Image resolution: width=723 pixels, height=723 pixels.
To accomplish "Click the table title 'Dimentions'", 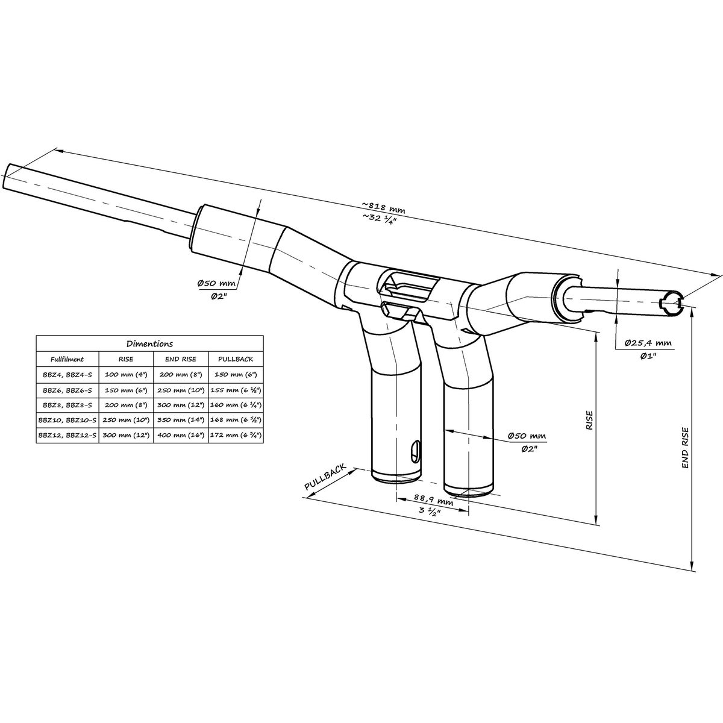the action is (149, 343).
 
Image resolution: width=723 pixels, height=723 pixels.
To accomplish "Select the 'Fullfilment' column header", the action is (67, 359).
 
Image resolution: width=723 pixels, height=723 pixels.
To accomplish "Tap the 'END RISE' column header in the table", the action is (181, 359).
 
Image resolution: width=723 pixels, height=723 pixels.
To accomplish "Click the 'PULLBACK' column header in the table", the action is (236, 359).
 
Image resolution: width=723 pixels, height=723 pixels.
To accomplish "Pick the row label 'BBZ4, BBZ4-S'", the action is (67, 374).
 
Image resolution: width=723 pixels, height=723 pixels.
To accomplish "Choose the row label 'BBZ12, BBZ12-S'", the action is (67, 435).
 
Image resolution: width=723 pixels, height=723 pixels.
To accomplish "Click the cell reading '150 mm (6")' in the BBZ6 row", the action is (126, 390).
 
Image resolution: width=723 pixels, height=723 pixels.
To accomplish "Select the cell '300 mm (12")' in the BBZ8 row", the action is (181, 405).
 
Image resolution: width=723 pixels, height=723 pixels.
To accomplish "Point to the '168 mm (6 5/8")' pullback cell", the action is (236, 420).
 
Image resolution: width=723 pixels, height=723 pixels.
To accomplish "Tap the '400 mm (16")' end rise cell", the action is (181, 435).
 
